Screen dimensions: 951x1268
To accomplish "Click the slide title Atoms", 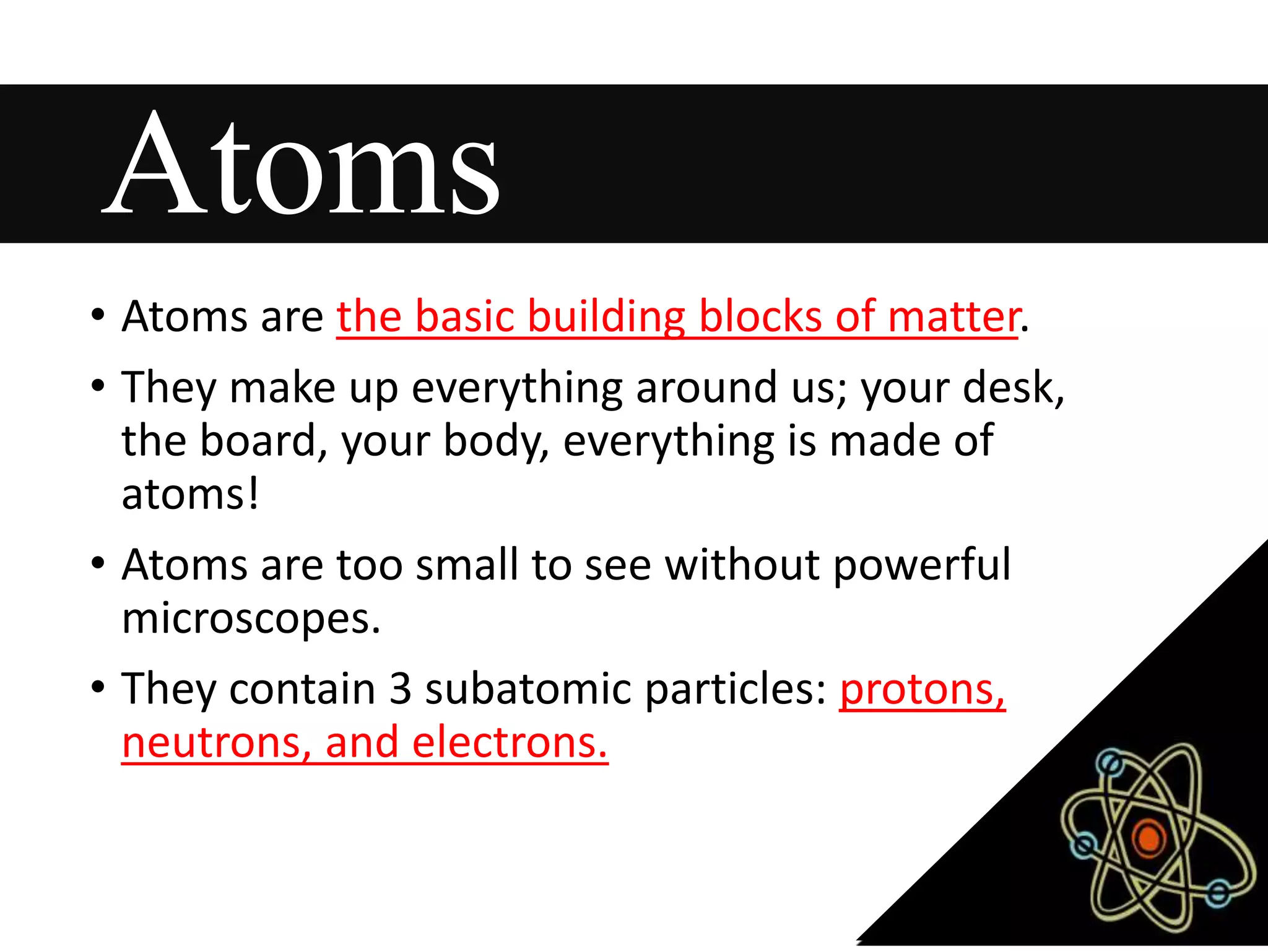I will point(302,164).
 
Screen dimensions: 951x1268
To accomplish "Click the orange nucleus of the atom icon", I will point(1149,838).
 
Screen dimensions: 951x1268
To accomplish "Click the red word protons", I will point(922,689).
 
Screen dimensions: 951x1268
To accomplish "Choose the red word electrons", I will point(510,742).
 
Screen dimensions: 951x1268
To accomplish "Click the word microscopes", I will point(251,619).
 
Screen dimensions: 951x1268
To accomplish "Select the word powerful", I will point(922,565).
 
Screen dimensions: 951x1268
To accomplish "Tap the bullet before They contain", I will point(98,688).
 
